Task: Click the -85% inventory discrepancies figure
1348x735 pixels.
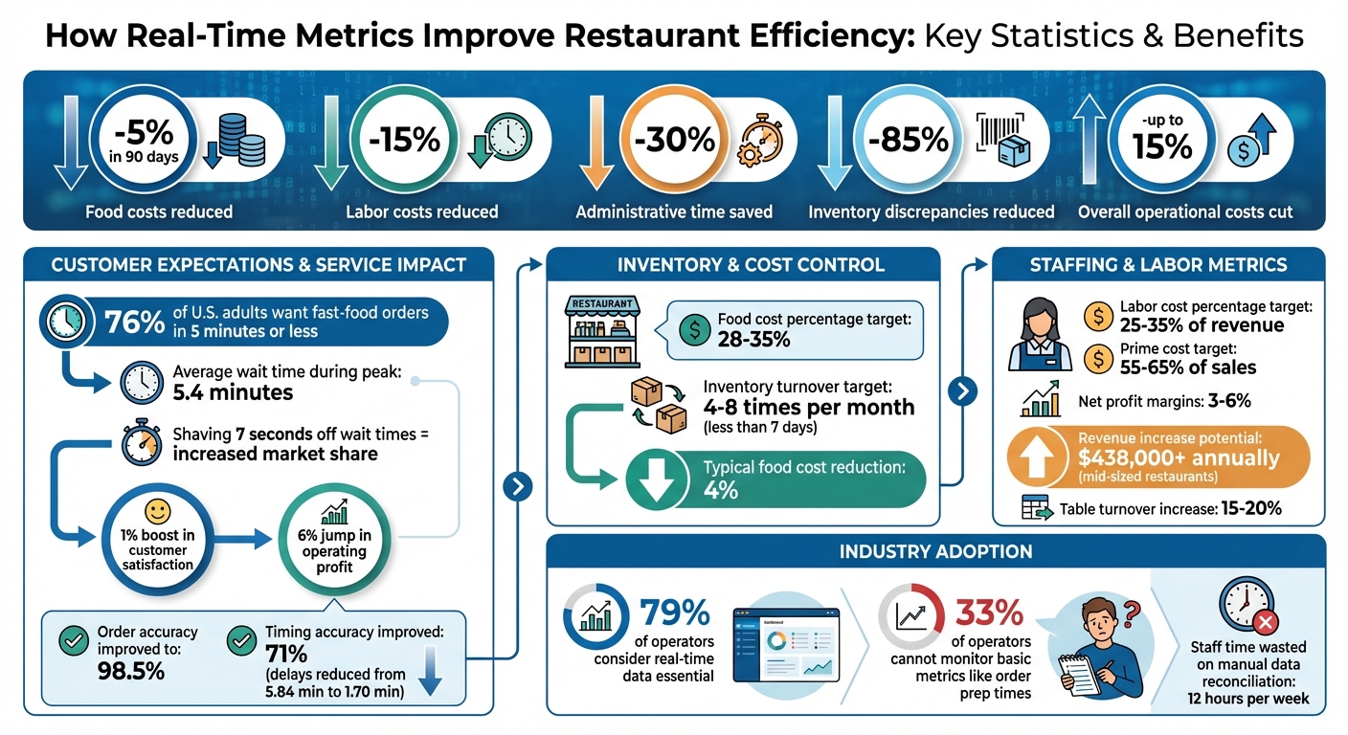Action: [908, 140]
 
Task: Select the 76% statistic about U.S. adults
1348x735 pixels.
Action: [133, 323]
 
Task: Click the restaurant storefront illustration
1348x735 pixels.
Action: [602, 331]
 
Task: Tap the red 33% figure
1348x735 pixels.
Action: [989, 612]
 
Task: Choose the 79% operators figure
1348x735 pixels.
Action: [674, 613]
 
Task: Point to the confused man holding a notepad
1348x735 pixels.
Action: [1094, 647]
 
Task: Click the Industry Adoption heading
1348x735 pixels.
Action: [935, 551]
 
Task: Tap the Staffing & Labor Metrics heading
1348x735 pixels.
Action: [1158, 264]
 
